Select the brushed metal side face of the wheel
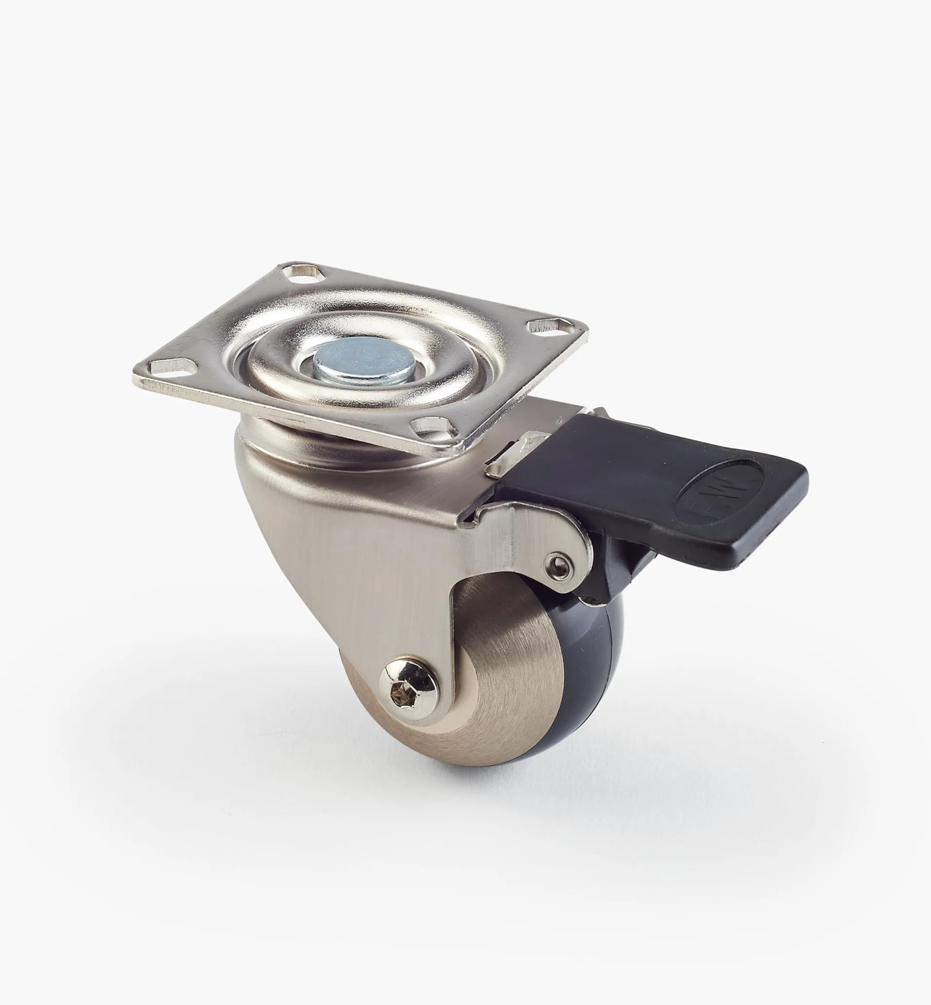[x=499, y=675]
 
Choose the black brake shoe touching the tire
[x=602, y=579]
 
